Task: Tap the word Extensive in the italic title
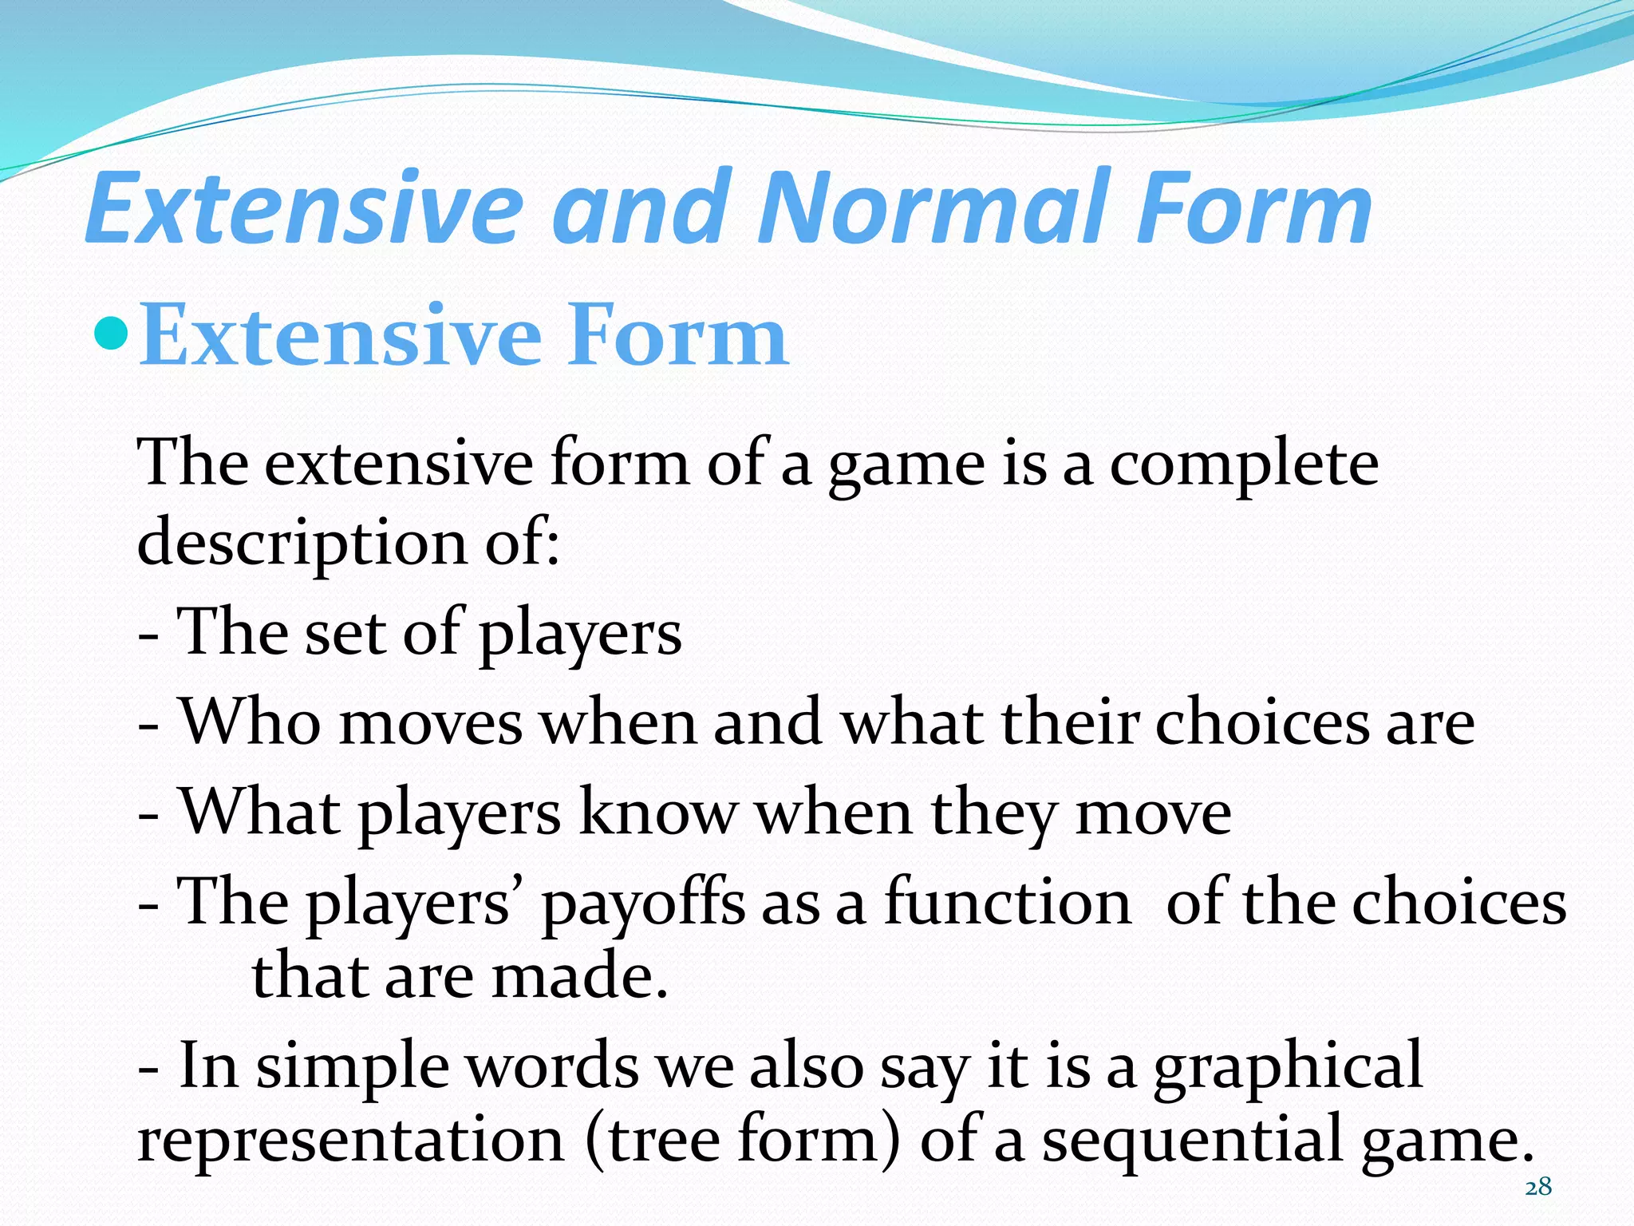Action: coord(303,209)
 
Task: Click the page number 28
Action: coord(1537,1188)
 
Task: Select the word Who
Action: coord(251,722)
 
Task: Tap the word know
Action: coord(657,813)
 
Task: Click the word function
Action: coord(1008,903)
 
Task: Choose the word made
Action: coord(578,978)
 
